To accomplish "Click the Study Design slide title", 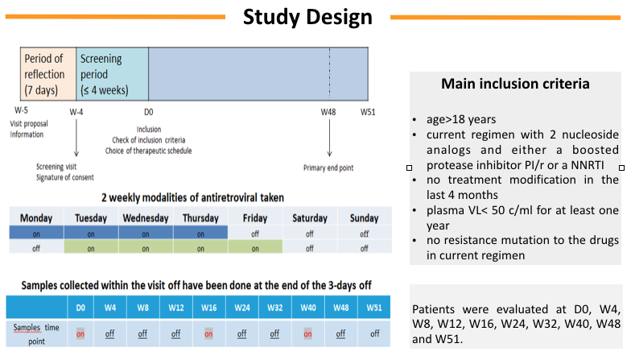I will (308, 17).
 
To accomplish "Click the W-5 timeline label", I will (22, 112).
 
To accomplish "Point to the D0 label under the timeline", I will (148, 112).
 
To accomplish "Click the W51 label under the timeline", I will (369, 112).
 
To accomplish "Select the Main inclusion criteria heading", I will (514, 85).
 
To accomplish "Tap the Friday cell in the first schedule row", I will (254, 233).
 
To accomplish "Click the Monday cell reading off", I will (35, 248).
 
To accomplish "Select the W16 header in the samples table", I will (209, 307).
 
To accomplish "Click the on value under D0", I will (80, 333).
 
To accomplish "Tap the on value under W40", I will (307, 333).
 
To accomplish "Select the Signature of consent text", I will (65, 177).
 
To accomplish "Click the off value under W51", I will (374, 333).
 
